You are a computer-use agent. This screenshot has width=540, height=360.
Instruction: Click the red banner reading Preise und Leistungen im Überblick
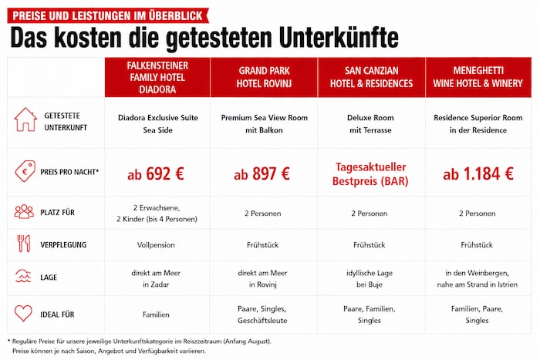tap(108, 16)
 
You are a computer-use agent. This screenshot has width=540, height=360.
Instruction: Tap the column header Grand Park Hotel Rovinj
tap(264, 77)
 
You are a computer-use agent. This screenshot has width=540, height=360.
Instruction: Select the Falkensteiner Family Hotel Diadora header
tap(157, 77)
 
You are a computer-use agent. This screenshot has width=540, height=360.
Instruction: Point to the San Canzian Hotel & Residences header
tap(371, 77)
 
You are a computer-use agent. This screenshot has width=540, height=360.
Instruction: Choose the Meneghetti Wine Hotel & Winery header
tap(478, 77)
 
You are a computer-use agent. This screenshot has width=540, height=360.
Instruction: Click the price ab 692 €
tap(156, 173)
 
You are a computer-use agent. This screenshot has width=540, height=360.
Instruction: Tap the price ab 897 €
tap(262, 173)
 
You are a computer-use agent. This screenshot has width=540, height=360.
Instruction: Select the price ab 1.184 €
tap(478, 173)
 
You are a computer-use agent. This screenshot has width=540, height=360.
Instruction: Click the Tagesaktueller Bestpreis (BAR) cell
tap(370, 174)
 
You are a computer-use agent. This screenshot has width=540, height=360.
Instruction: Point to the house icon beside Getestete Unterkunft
tap(25, 119)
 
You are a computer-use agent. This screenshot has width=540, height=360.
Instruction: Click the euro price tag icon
tap(25, 171)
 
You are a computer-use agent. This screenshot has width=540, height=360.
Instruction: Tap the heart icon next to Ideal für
tap(23, 313)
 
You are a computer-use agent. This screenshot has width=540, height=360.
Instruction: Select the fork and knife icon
tap(24, 244)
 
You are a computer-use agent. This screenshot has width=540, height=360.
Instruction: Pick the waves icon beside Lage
tap(23, 276)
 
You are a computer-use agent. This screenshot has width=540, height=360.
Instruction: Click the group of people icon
tap(24, 211)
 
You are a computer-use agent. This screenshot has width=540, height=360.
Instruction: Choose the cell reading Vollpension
tap(156, 245)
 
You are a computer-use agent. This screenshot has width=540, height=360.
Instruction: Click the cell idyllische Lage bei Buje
tap(370, 279)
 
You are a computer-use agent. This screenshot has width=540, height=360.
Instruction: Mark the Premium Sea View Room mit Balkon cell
tap(264, 124)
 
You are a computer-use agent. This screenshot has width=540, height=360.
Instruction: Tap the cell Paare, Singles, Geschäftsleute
tap(262, 315)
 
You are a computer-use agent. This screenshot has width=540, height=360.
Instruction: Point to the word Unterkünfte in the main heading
tap(339, 38)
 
